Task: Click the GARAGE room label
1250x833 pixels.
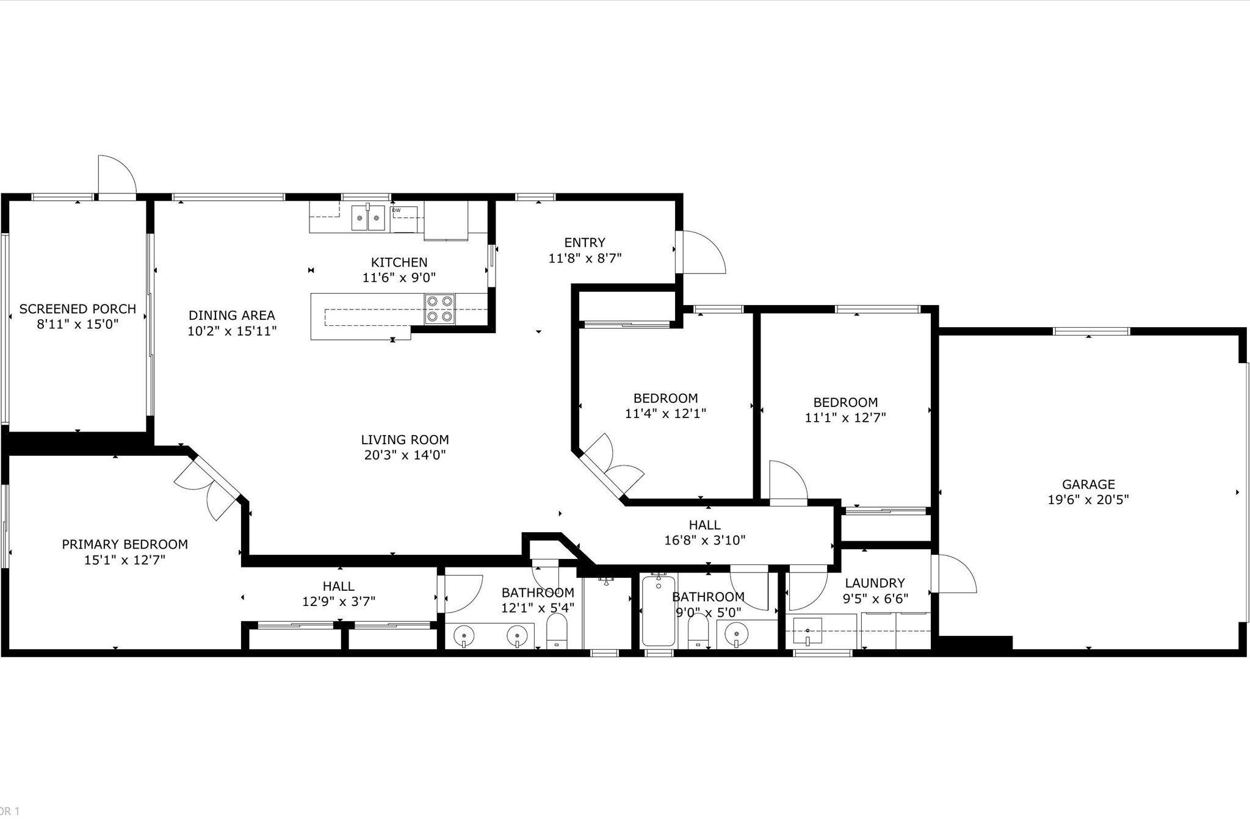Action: (1088, 484)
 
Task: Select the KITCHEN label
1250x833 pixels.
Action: (399, 262)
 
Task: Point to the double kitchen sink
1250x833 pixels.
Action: (368, 218)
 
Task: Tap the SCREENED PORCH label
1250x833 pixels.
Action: (78, 309)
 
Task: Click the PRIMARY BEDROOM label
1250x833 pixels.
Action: (125, 544)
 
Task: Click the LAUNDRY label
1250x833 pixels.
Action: (875, 583)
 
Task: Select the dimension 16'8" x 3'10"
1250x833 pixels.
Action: (704, 540)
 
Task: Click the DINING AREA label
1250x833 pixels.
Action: (231, 316)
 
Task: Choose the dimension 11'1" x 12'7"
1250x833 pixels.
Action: (845, 418)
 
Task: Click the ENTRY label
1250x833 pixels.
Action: (585, 242)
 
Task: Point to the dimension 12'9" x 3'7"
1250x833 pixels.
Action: (339, 602)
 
